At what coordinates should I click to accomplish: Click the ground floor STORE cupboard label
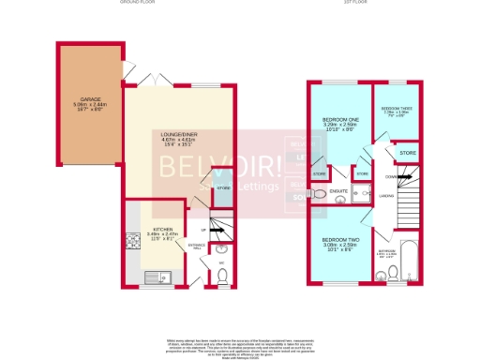coord(223,188)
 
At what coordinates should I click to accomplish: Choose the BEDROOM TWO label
coord(337,242)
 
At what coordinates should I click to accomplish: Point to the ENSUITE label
coord(338,192)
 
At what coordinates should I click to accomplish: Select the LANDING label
coord(384,195)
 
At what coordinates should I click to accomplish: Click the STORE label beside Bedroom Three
coord(407,150)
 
